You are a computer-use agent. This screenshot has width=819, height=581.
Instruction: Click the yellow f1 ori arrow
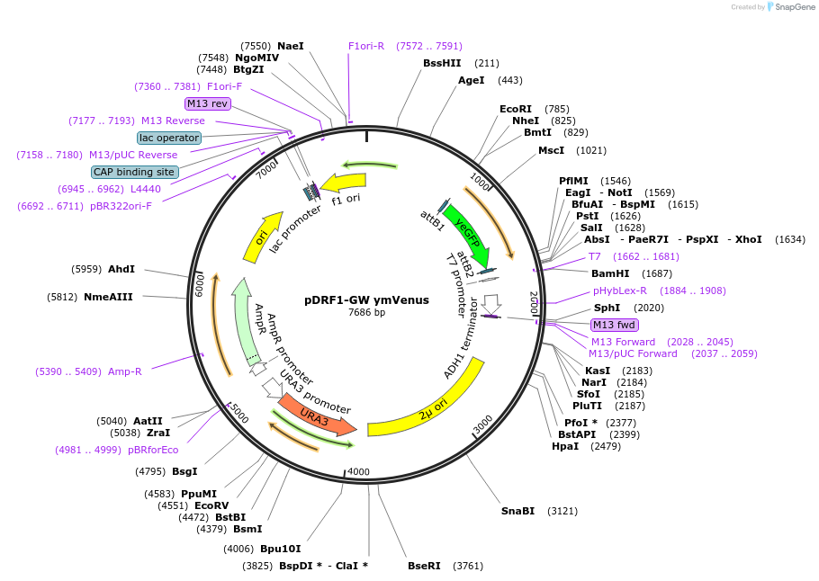(343, 184)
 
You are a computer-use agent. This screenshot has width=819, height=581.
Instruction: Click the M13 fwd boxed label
(614, 325)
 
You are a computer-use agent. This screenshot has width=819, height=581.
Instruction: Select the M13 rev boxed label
(207, 103)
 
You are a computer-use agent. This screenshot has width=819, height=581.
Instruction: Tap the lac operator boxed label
(169, 138)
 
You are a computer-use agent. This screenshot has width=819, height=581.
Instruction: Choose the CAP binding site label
(133, 172)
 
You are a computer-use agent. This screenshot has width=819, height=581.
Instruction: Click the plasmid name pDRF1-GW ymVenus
(366, 299)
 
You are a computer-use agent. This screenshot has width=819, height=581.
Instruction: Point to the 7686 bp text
(366, 313)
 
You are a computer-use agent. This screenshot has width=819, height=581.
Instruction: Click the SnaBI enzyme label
(517, 511)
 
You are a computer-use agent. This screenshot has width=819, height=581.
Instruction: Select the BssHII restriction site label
(442, 63)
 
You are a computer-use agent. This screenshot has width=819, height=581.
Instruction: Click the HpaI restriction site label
(565, 446)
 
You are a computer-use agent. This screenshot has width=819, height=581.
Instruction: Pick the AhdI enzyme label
(121, 269)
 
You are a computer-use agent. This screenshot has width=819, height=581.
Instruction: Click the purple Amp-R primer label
(125, 371)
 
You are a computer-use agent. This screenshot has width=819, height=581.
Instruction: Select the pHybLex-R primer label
(620, 290)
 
